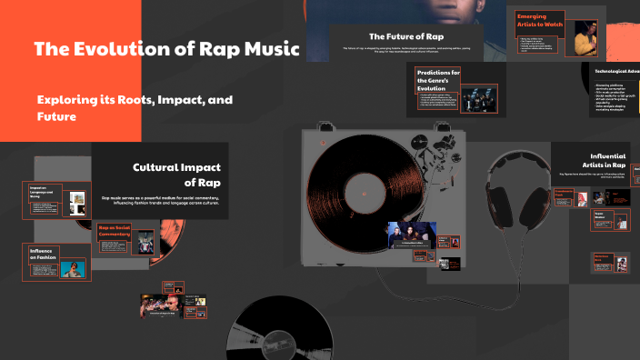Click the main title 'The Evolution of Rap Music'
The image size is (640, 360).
pos(166,49)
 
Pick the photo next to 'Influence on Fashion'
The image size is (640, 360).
pos(74,268)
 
